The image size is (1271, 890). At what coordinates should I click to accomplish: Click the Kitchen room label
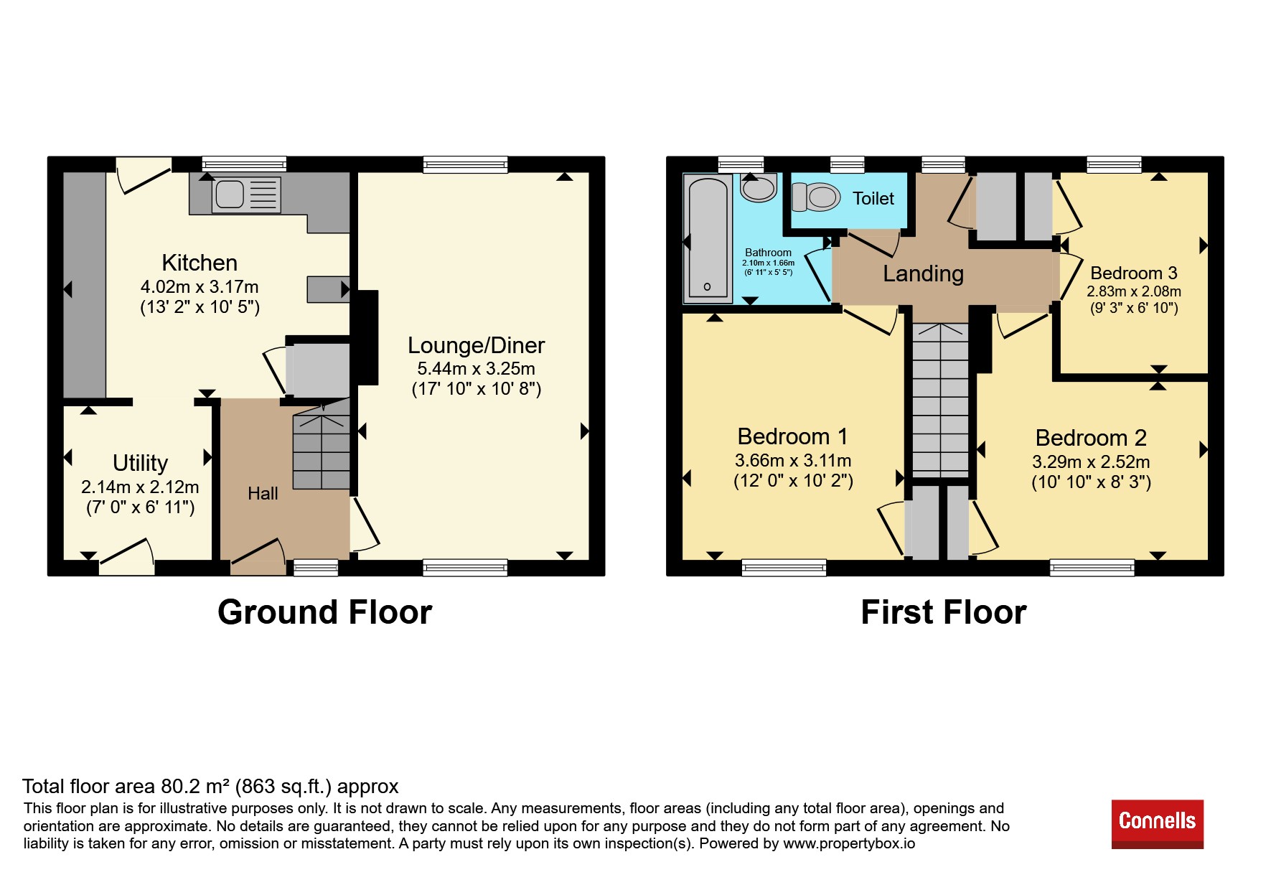click(200, 263)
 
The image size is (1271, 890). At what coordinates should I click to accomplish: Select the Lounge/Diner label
click(476, 346)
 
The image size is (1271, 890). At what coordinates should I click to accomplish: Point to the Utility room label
click(140, 463)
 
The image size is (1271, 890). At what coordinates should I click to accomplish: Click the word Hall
click(263, 494)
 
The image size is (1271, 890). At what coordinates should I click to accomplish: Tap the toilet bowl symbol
click(816, 197)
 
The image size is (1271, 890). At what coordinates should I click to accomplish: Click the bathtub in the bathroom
click(708, 238)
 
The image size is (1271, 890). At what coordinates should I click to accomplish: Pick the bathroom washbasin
click(759, 187)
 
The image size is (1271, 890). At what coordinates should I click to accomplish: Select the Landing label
click(923, 274)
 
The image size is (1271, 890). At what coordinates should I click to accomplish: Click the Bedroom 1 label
click(792, 436)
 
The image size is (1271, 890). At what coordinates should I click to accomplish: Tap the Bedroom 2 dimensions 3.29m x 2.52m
click(1091, 462)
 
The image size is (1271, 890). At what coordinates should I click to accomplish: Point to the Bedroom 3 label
click(1134, 273)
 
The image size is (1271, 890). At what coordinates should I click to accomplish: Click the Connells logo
click(1158, 824)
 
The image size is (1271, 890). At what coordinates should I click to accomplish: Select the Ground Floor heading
click(324, 613)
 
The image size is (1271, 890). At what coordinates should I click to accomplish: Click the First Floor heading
click(944, 613)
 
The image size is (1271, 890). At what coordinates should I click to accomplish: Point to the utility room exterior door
click(126, 558)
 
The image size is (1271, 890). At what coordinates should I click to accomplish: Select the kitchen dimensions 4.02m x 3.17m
click(200, 287)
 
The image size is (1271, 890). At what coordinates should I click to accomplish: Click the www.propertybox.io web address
click(849, 844)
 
